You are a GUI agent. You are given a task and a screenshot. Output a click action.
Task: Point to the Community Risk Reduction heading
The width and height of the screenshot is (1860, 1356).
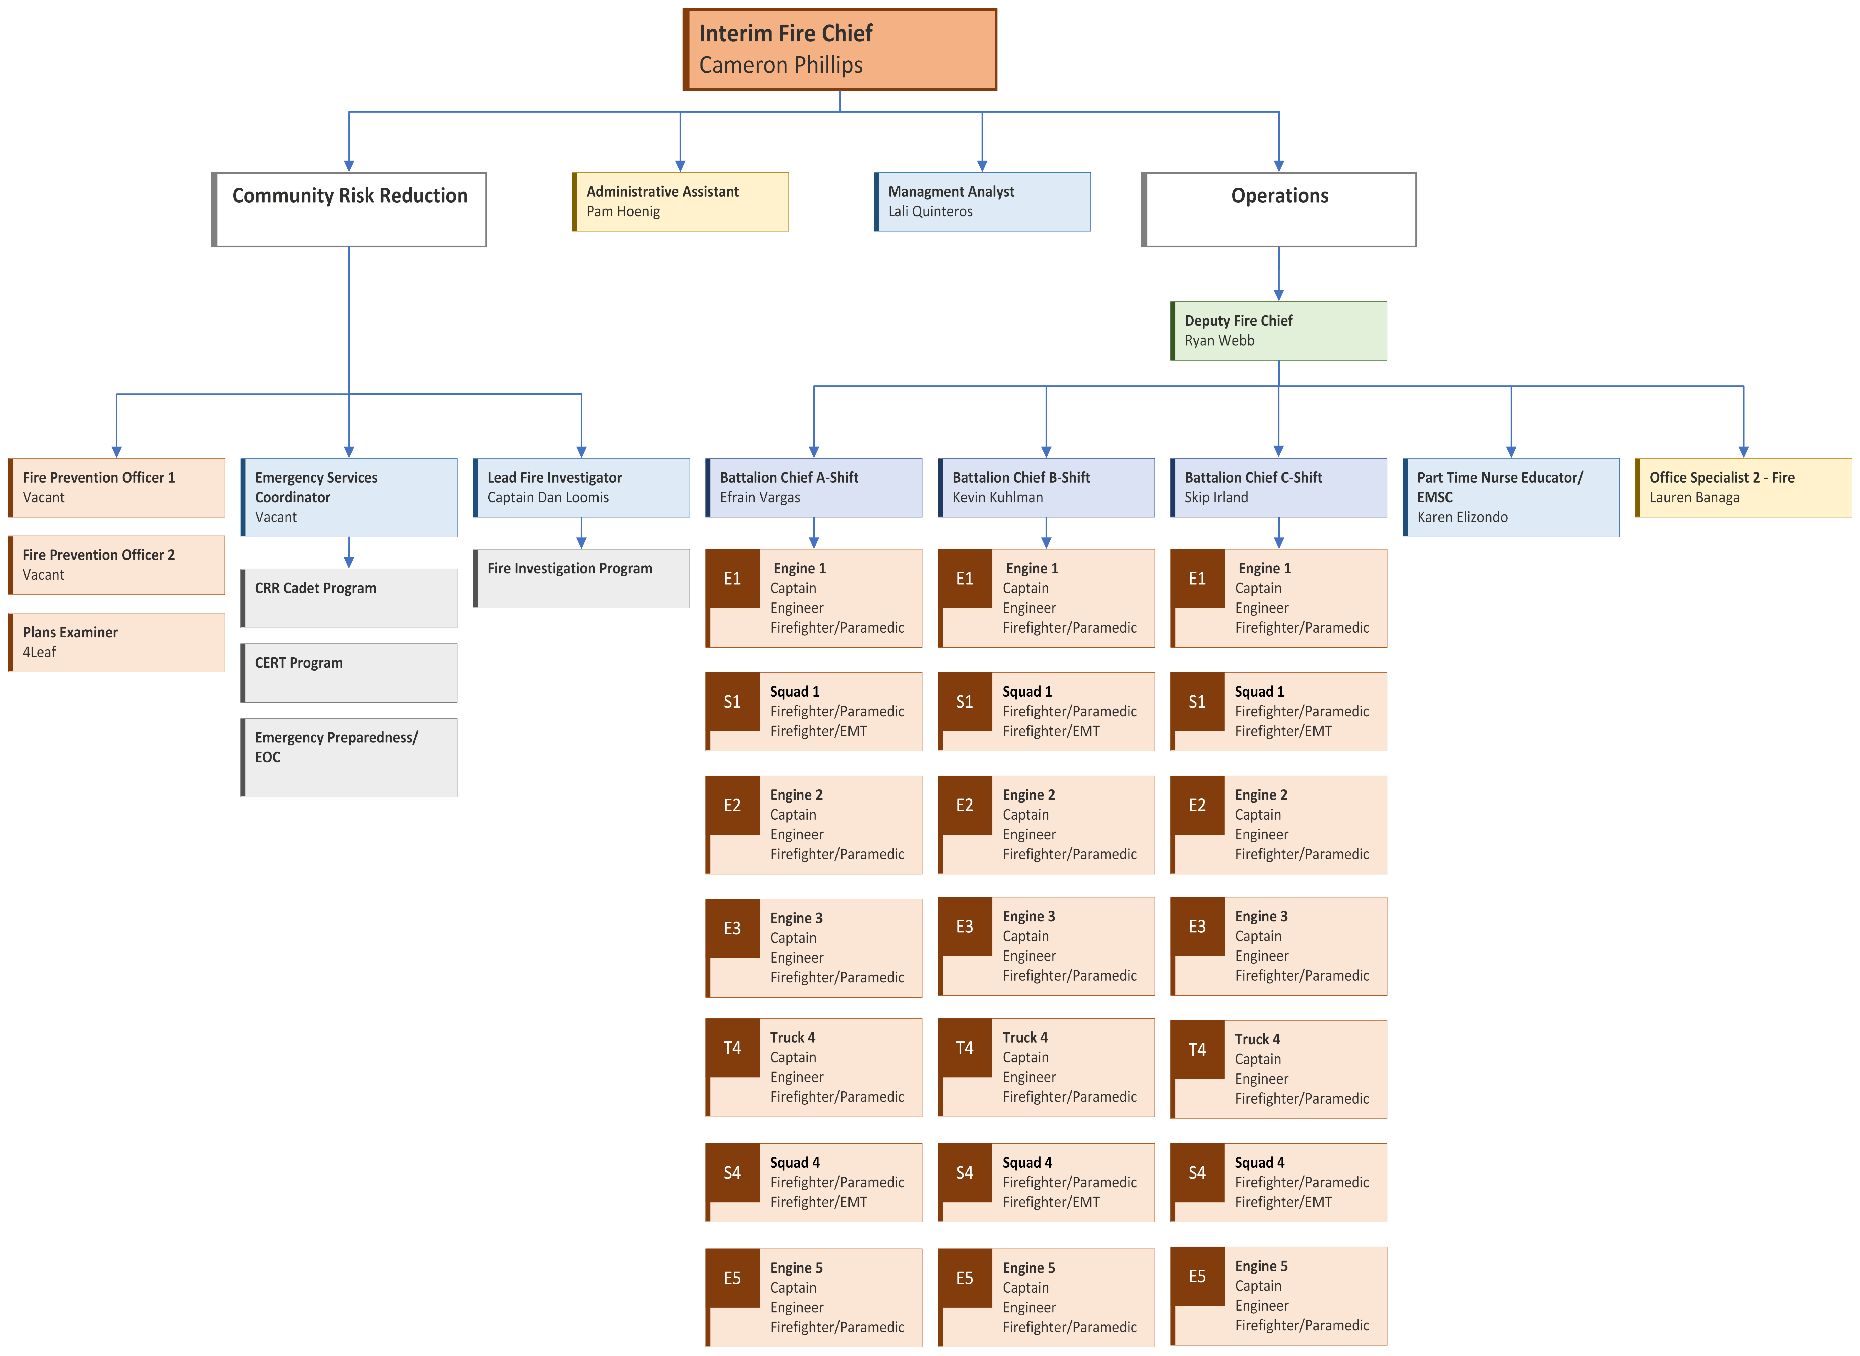(350, 195)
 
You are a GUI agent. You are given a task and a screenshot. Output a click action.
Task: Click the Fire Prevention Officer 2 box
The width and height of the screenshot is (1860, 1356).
(116, 565)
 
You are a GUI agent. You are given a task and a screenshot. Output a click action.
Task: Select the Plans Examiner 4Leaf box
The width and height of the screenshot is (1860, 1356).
(116, 642)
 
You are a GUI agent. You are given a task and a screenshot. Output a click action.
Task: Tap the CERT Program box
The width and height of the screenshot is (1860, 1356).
(349, 672)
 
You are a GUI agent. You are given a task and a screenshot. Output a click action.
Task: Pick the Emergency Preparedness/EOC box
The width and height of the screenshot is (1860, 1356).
(349, 757)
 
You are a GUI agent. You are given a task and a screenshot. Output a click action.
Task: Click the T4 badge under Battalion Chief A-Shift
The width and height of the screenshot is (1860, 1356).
(732, 1048)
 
